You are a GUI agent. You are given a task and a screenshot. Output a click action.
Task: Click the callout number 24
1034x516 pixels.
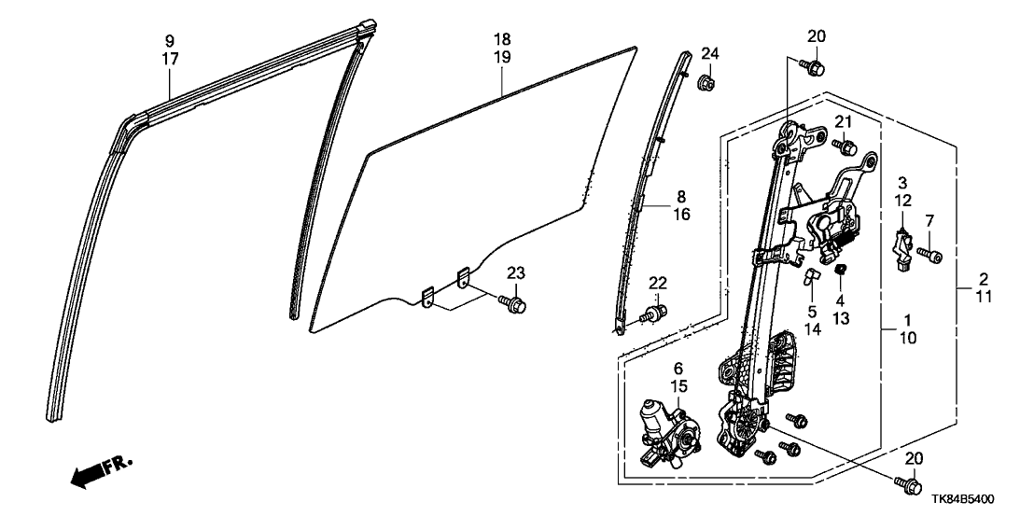tap(708, 52)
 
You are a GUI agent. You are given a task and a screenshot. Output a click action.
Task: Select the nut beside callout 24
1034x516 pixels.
tap(706, 85)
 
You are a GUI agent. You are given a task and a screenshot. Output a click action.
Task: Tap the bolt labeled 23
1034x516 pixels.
tap(513, 304)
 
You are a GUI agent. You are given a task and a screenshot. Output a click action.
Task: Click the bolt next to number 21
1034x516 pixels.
tap(846, 146)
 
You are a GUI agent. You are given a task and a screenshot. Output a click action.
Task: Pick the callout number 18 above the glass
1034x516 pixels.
tap(502, 40)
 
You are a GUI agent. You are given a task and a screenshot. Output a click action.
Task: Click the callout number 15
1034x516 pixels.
tap(678, 385)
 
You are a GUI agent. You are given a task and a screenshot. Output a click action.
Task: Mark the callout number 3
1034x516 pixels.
tap(903, 180)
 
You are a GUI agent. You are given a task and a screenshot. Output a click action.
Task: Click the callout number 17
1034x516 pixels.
tap(169, 58)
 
